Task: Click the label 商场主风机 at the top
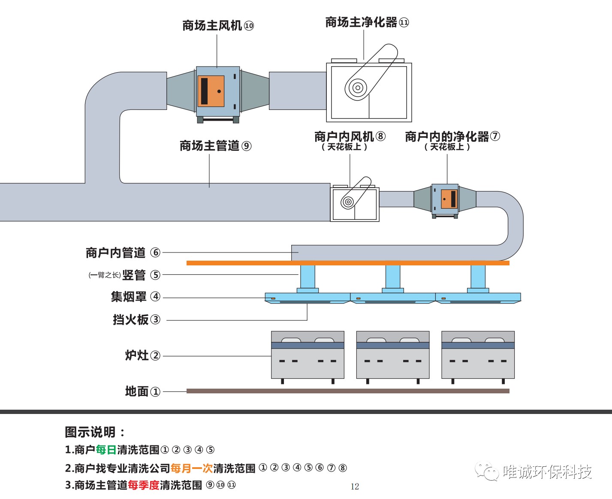click(212, 26)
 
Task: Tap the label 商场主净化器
click(361, 22)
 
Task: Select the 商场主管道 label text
click(209, 146)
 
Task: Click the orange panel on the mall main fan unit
click(211, 91)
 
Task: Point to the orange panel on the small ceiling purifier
click(449, 199)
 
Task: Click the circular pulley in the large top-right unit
click(357, 88)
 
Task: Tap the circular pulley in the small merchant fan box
click(348, 202)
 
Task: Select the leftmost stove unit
click(308, 355)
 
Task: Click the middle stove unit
click(393, 355)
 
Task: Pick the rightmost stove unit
click(478, 355)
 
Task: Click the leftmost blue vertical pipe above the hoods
click(308, 277)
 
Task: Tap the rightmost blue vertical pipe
click(478, 277)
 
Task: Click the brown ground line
click(348, 391)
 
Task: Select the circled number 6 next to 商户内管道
click(155, 253)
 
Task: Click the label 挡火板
click(130, 319)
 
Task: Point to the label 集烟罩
click(129, 297)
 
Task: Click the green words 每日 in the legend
click(106, 450)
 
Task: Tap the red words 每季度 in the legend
click(144, 485)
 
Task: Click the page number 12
click(355, 487)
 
